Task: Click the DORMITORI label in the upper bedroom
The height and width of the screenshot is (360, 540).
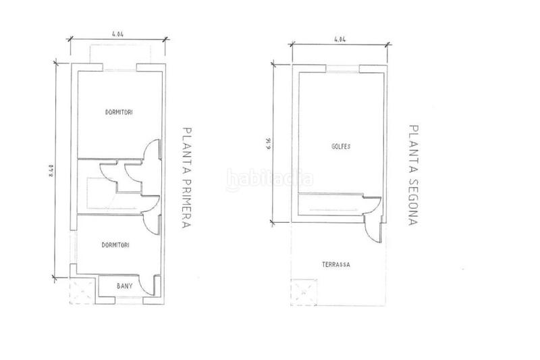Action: (118, 112)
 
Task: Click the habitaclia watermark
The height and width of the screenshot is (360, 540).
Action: (269, 180)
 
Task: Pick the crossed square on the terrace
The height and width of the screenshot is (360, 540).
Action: (308, 288)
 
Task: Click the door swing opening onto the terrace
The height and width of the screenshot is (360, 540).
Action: (372, 228)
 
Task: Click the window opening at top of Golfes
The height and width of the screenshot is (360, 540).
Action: (342, 68)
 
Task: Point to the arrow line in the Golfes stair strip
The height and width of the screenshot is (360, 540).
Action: (330, 209)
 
